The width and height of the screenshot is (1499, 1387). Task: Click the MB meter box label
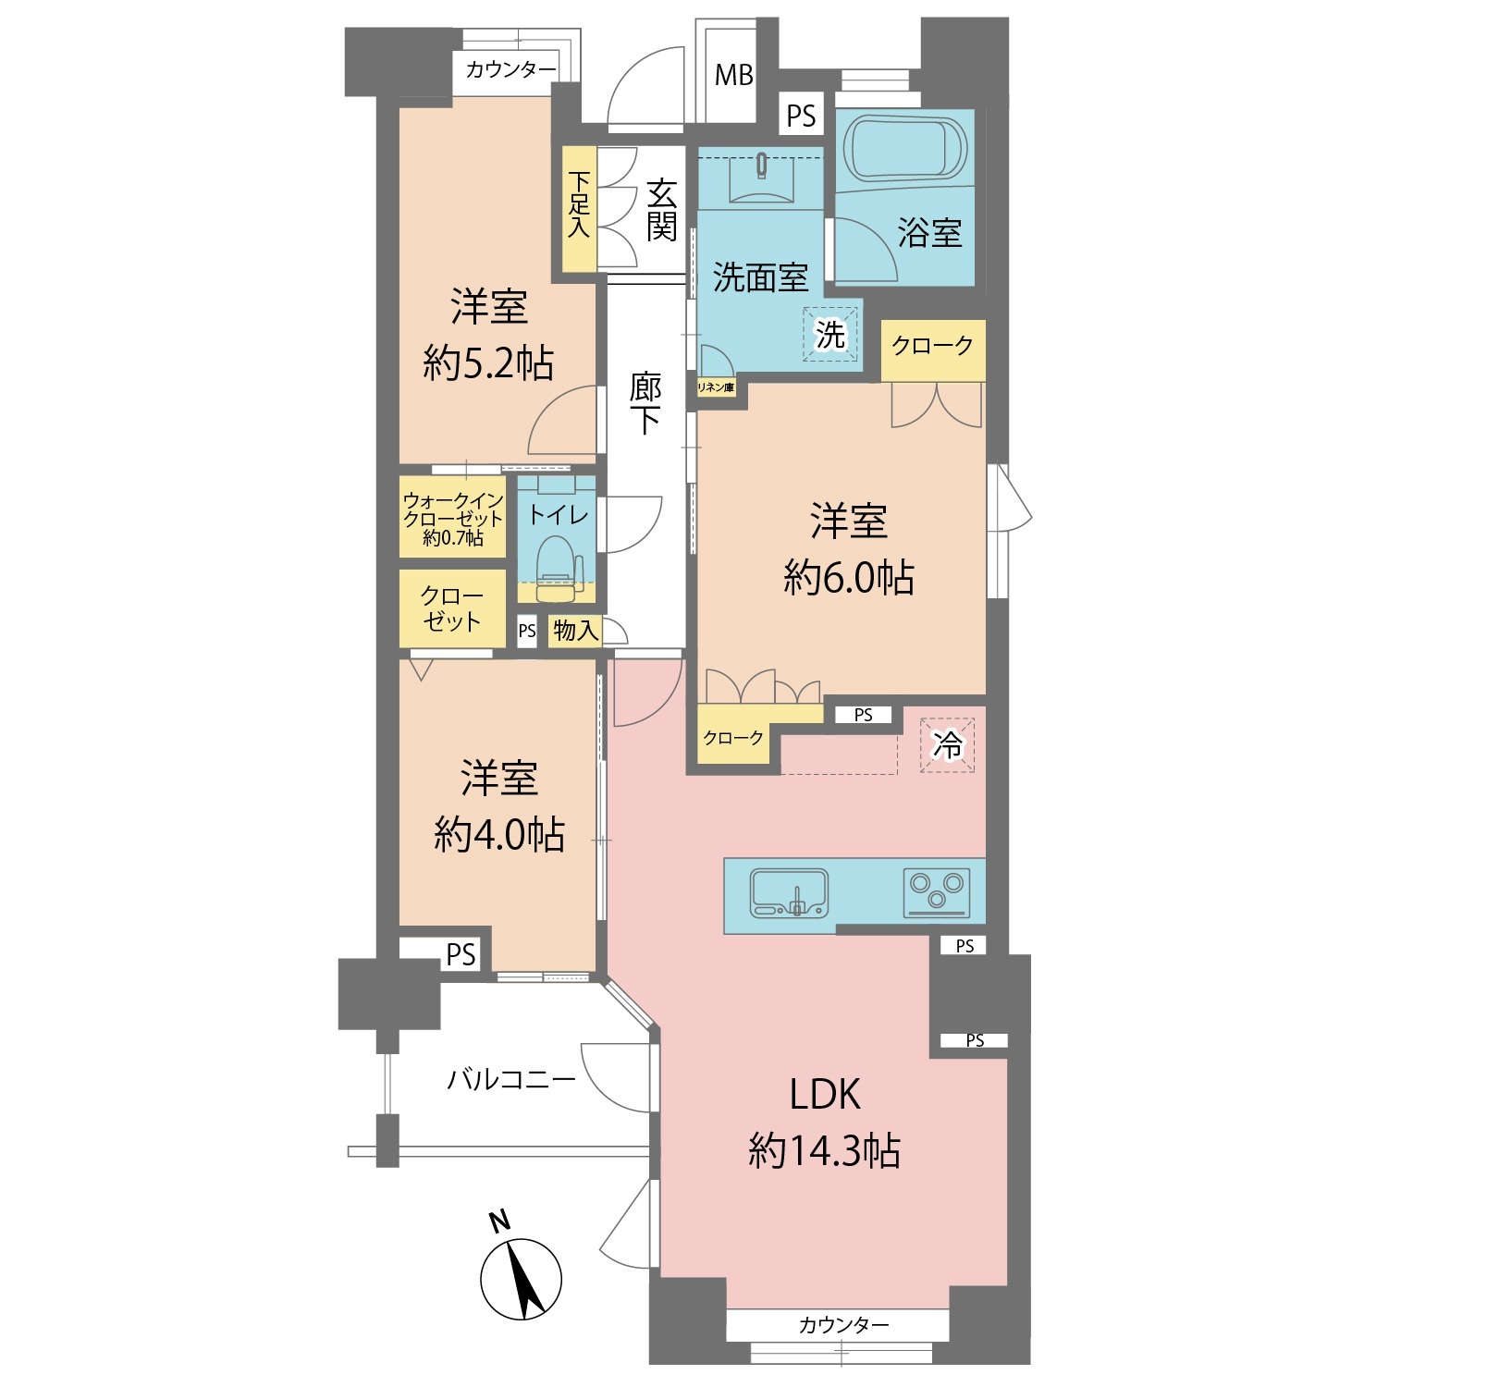[x=734, y=75]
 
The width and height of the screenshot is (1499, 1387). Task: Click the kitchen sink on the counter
[x=789, y=893]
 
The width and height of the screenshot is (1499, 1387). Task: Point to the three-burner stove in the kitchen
[x=937, y=892]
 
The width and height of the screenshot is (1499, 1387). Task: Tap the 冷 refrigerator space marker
[x=947, y=744]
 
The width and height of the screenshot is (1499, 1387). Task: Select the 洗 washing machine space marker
[x=829, y=334]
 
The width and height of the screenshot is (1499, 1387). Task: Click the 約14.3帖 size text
[x=824, y=1151]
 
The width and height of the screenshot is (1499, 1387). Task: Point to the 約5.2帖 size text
[x=488, y=362]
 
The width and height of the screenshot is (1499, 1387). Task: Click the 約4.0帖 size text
[x=499, y=835]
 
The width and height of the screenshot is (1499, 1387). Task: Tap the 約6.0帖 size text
[x=849, y=578]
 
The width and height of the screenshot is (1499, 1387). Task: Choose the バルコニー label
[x=511, y=1079]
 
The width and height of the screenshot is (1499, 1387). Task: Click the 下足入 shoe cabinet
[x=579, y=209]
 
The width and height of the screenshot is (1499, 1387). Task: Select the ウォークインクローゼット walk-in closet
[x=453, y=517]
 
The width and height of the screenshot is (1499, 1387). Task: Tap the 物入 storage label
[x=575, y=631]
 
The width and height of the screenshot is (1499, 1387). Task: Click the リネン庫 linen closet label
[x=716, y=387]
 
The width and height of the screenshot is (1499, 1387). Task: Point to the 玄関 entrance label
[x=661, y=210]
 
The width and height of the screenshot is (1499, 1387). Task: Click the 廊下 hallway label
[x=645, y=402]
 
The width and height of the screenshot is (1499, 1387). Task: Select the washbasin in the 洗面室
[x=761, y=178]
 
